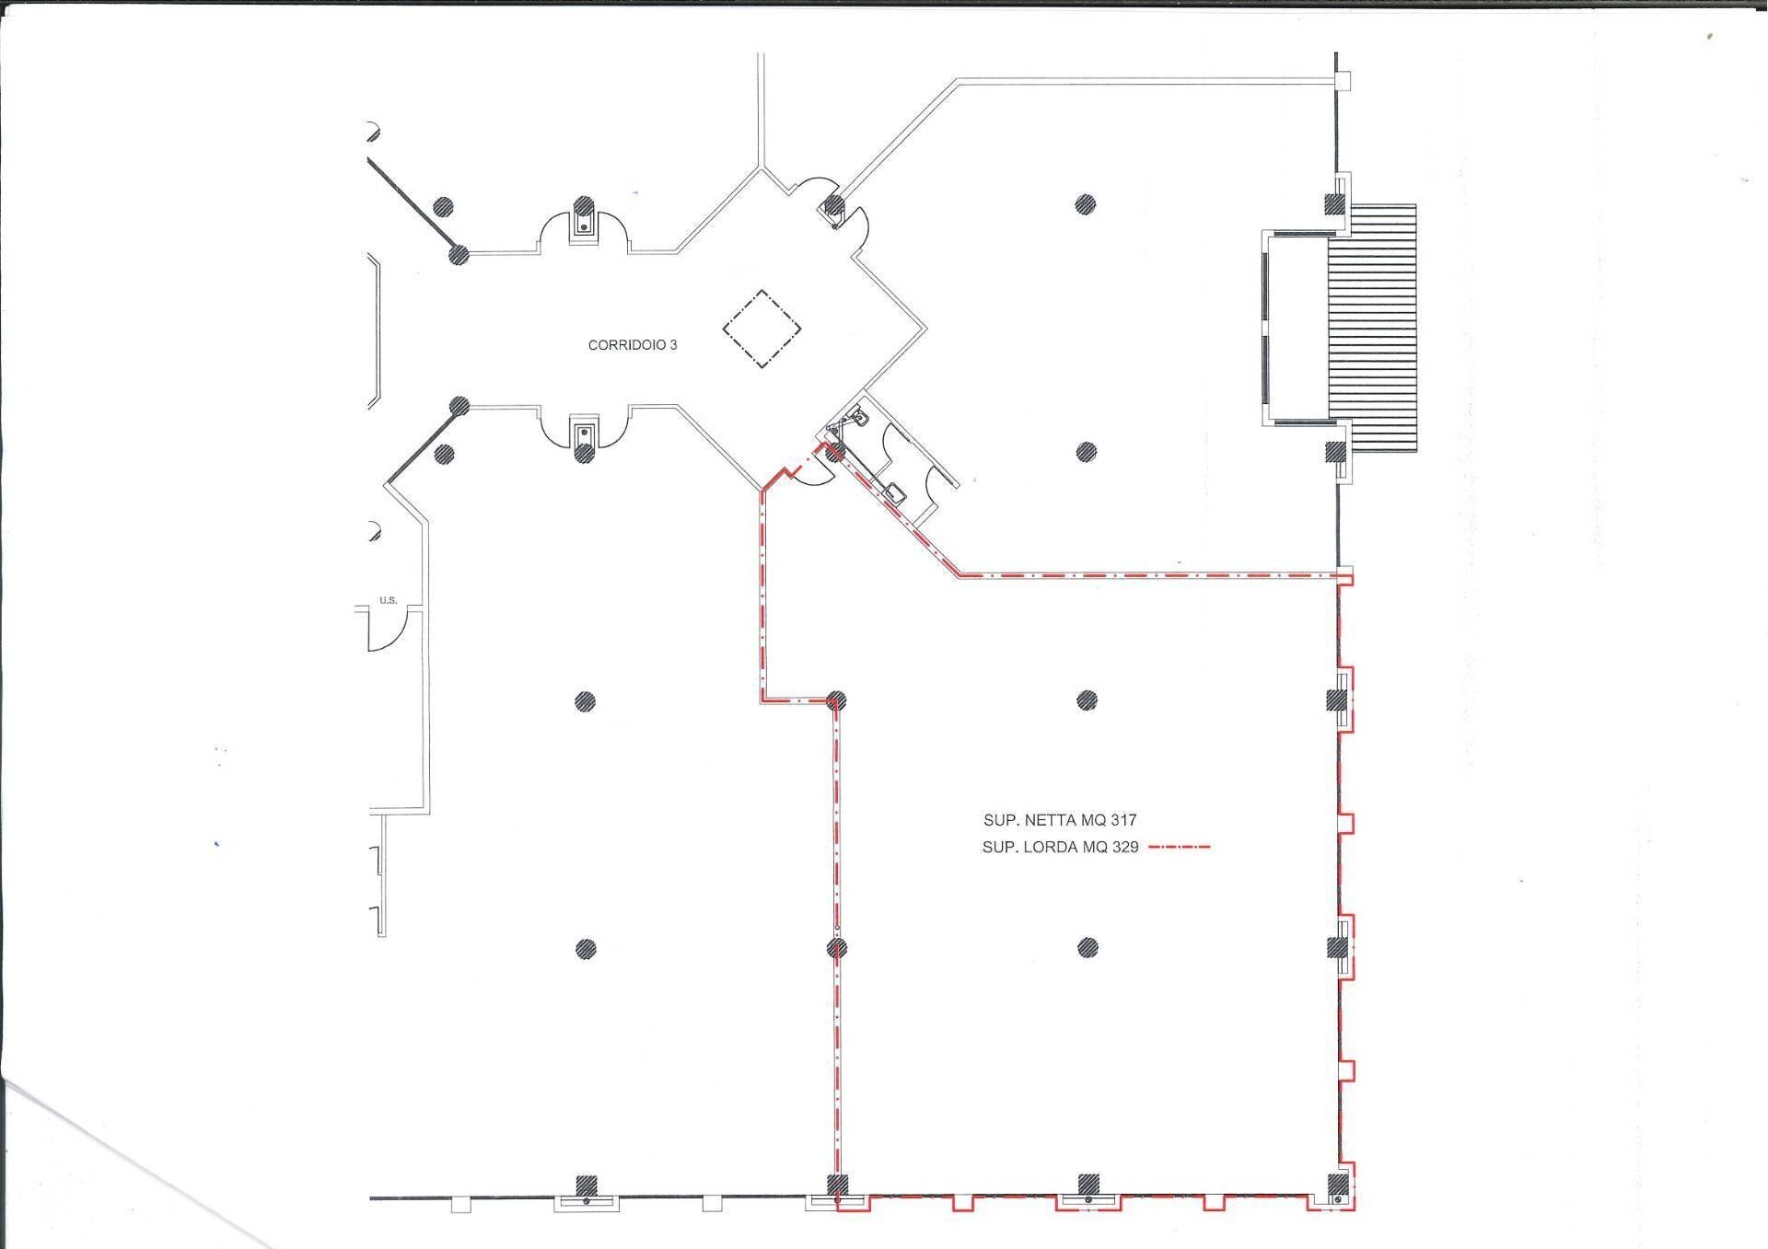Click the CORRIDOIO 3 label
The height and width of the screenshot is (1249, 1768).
tap(633, 345)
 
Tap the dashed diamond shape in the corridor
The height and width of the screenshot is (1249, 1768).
tap(762, 330)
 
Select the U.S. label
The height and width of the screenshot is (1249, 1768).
tap(388, 601)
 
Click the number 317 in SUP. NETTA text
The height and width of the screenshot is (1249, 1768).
tap(1124, 820)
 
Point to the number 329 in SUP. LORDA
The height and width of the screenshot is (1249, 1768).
tap(1125, 848)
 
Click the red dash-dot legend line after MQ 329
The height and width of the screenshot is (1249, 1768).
tap(1180, 847)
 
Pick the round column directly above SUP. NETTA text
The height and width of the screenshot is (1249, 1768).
tap(1087, 700)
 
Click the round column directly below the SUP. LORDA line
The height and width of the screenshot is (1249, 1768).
tap(1088, 947)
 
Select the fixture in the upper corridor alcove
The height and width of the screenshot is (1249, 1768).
tap(583, 222)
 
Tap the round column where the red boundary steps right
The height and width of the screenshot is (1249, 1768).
tap(836, 700)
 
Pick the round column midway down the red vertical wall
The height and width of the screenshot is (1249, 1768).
tap(836, 947)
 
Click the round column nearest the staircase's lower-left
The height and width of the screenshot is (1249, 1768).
tap(1087, 452)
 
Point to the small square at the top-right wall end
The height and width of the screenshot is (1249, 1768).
tap(1343, 82)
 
